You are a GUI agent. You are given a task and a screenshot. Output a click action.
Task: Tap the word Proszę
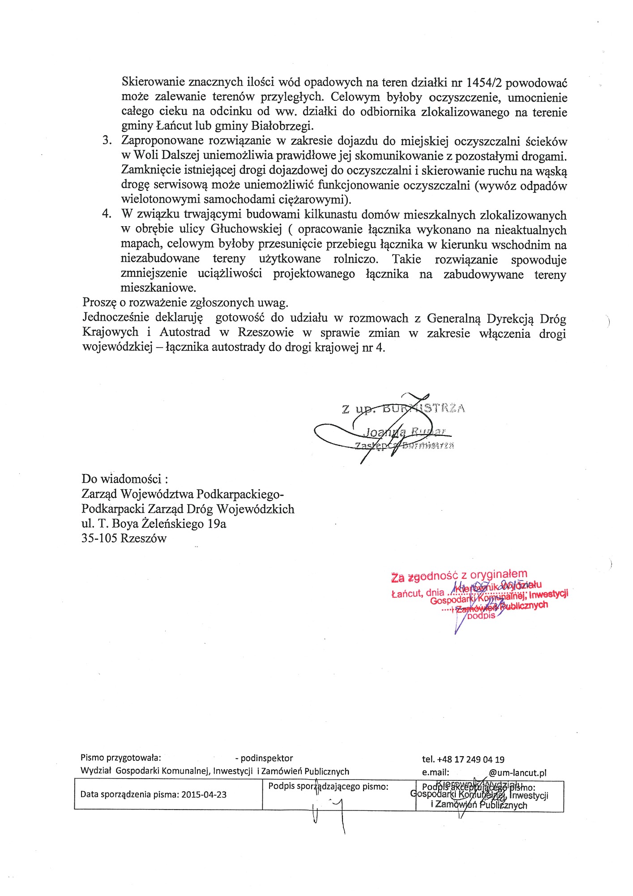pos(99,303)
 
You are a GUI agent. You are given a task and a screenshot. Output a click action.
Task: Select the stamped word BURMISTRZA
pos(423,408)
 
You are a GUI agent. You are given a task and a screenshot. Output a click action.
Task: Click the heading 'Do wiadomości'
pos(124,479)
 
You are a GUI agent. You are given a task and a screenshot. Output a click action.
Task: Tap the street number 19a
pos(217,523)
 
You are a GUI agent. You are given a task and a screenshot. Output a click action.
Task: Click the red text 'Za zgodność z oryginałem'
pos(459,576)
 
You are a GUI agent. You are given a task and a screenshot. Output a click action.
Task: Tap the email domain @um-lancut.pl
pos(518,773)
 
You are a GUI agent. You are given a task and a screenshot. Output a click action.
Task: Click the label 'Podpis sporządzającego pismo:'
pos(328,786)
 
